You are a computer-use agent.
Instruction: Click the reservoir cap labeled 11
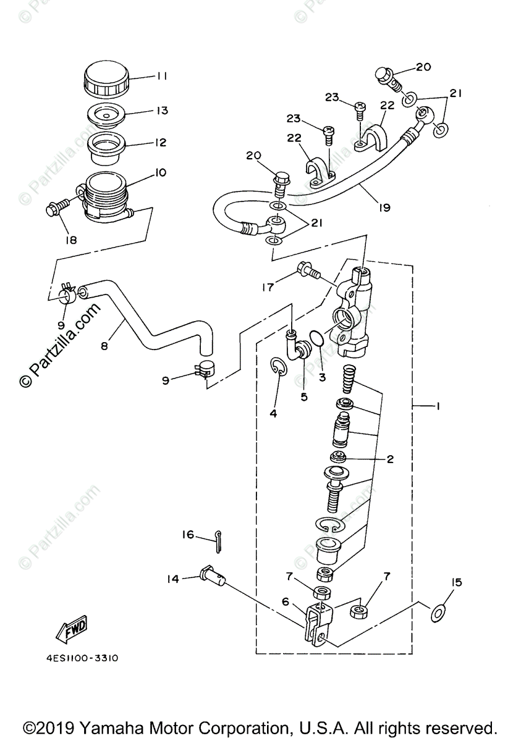(106, 79)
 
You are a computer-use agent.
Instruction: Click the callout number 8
(104, 346)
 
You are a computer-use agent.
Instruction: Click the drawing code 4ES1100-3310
(82, 658)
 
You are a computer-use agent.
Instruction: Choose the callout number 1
(437, 406)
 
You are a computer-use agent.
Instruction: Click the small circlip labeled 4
(279, 369)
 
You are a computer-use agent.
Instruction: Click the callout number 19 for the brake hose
(384, 207)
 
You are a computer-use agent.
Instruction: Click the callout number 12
(161, 143)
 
